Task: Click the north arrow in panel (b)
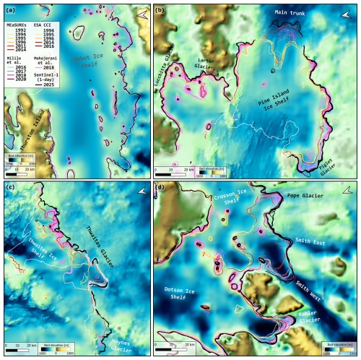point(340,14)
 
